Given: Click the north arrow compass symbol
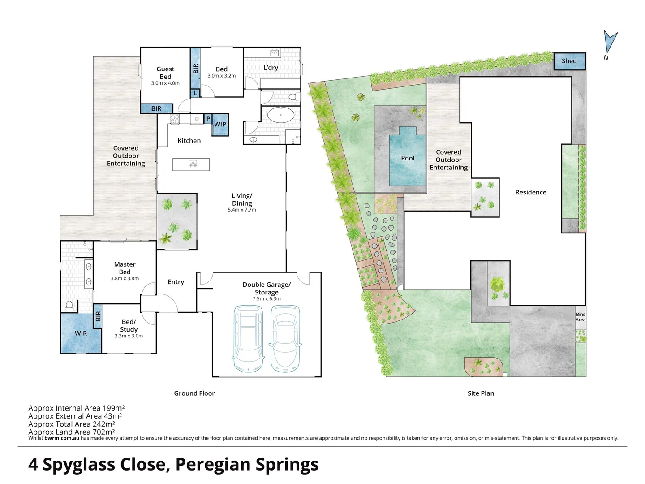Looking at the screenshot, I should (610, 42).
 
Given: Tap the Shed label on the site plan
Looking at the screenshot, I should (569, 61).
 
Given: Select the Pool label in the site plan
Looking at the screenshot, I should (408, 158).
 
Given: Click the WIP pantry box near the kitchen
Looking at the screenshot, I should (220, 125).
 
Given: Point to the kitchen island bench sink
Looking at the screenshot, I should (193, 164).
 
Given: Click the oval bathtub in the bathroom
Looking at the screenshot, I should (281, 115).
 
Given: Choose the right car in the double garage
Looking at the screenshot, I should (285, 338).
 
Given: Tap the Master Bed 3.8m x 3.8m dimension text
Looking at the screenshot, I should (125, 278).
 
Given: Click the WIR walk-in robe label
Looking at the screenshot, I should (81, 333).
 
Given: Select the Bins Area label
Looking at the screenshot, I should (580, 317).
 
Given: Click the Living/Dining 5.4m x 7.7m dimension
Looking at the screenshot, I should (242, 210).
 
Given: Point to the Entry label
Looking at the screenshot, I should (176, 282).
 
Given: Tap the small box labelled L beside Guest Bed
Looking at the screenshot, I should (195, 93).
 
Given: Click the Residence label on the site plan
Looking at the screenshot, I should (530, 192).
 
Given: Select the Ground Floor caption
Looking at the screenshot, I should (194, 393).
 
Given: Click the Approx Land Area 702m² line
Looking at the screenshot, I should (72, 432).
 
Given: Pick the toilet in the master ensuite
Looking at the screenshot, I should (69, 306).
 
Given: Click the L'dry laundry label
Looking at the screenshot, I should (271, 68).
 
